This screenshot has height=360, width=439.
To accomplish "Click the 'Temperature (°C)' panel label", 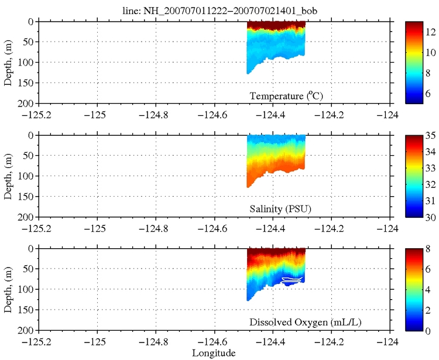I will [287, 96].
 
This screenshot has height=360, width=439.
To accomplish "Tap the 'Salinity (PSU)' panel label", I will [283, 209].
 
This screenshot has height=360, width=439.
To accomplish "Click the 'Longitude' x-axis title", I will [214, 353].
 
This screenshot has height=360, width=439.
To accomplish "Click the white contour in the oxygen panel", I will [292, 280].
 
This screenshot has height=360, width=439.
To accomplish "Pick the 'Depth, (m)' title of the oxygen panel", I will [8, 289].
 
